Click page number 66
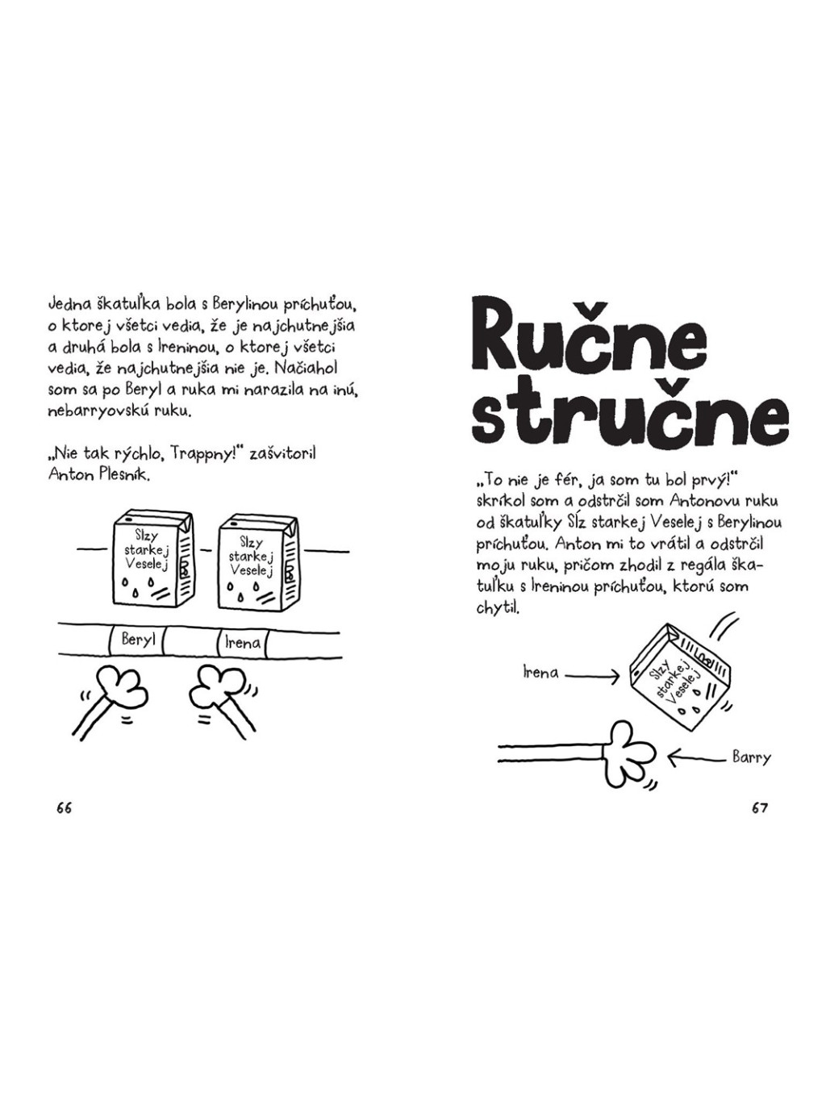65,807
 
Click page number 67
760,807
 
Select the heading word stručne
629,415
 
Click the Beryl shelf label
136,641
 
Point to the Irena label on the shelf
242,643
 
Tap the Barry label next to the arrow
751,757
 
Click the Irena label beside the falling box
540,673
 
